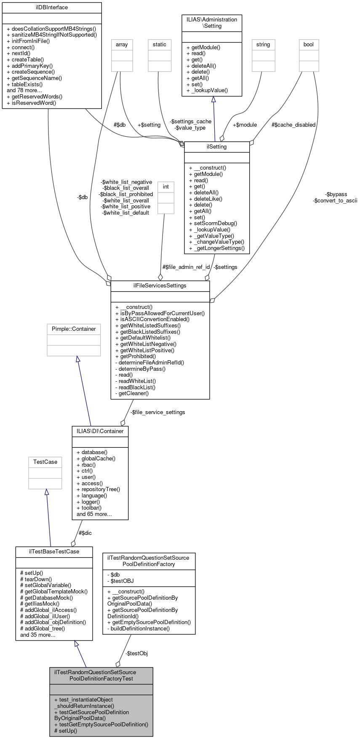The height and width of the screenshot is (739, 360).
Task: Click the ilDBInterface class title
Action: [52, 8]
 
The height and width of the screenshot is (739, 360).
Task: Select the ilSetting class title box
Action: [217, 147]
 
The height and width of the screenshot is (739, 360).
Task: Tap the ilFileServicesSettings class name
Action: [160, 286]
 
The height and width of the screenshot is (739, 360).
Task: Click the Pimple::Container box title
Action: [74, 329]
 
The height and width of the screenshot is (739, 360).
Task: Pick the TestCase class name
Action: [45, 462]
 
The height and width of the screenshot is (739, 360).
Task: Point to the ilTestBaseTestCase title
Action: [54, 551]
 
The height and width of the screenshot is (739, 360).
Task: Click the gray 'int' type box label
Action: [166, 187]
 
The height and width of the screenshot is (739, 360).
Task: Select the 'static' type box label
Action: [160, 45]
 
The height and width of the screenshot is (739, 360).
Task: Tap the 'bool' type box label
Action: [309, 45]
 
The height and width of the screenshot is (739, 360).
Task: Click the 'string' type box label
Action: [263, 45]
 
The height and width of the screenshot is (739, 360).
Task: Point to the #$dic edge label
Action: [85, 533]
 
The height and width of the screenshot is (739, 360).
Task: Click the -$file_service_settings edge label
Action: [157, 412]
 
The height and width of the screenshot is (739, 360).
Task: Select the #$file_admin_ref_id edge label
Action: [186, 267]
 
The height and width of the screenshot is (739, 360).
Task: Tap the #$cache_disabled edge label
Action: [293, 125]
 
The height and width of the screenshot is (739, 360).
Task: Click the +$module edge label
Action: [245, 125]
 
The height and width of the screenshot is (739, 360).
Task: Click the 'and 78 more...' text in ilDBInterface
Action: [24, 90]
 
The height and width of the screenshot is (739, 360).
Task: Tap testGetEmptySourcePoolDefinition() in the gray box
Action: [101, 725]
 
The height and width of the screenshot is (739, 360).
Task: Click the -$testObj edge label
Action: [136, 654]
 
